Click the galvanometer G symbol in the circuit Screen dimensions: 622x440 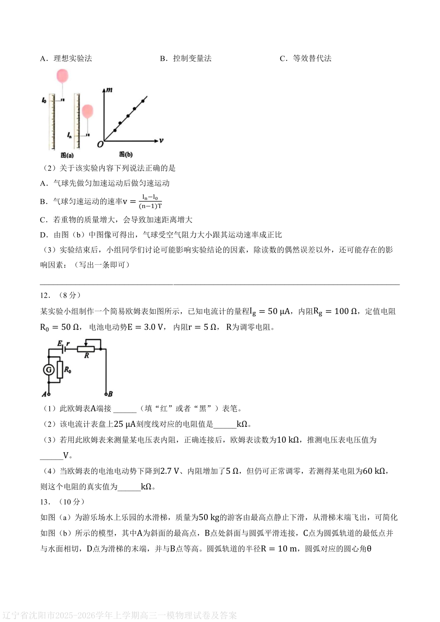pos(49,370)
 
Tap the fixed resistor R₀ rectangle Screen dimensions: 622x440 pos(60,370)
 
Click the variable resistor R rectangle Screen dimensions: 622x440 pos(86,349)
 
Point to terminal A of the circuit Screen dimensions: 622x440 pos(48,394)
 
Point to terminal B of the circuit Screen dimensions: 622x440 pos(106,394)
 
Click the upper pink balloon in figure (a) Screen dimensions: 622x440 pos(62,76)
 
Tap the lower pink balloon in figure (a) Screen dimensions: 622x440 pos(88,111)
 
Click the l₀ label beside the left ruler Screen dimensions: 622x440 pos(44,100)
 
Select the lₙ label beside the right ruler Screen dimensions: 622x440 pos(70,135)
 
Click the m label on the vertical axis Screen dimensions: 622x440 pos(109,90)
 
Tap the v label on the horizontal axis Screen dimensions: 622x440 pos(161,141)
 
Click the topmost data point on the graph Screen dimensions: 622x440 pos(143,101)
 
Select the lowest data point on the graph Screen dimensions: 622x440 pos(115,130)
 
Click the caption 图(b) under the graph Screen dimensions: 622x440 pos(126,154)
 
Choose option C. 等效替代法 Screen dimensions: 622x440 pos(306,58)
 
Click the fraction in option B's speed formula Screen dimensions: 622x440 pos(150,202)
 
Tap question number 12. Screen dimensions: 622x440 pos(45,295)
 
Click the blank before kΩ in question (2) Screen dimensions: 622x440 pos(224,424)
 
